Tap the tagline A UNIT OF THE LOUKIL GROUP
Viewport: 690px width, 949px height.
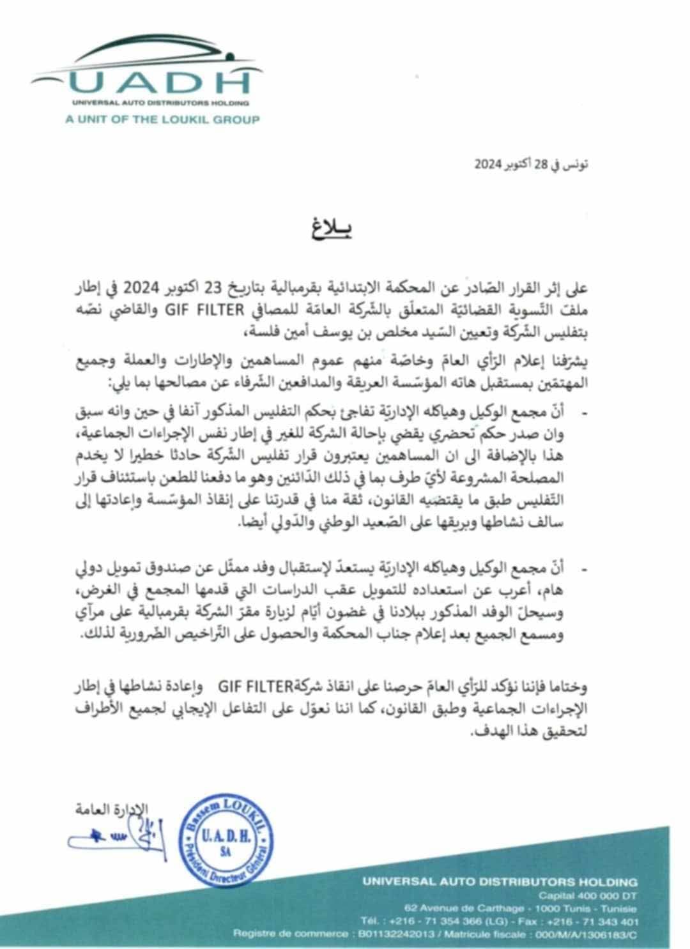pyautogui.click(x=162, y=119)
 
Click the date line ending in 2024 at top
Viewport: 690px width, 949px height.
pyautogui.click(x=532, y=164)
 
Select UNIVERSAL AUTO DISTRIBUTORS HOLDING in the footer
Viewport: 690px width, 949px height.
pyautogui.click(x=500, y=882)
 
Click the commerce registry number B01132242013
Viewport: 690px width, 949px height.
pyautogui.click(x=394, y=935)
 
